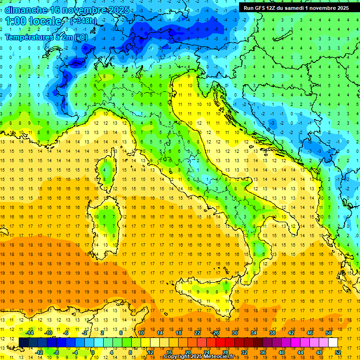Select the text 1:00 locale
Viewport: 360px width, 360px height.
tap(34, 22)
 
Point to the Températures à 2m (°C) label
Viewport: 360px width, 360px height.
tap(46, 37)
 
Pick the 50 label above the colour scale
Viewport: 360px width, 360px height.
tap(328, 333)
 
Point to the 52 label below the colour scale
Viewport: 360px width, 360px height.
tap(337, 352)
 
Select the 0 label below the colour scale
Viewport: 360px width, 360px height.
tap(93, 352)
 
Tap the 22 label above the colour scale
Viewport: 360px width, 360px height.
tap(197, 333)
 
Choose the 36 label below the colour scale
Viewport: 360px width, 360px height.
tap(262, 352)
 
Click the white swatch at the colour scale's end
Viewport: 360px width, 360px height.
tap(333, 342)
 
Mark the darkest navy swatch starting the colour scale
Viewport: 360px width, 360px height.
tap(24, 342)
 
